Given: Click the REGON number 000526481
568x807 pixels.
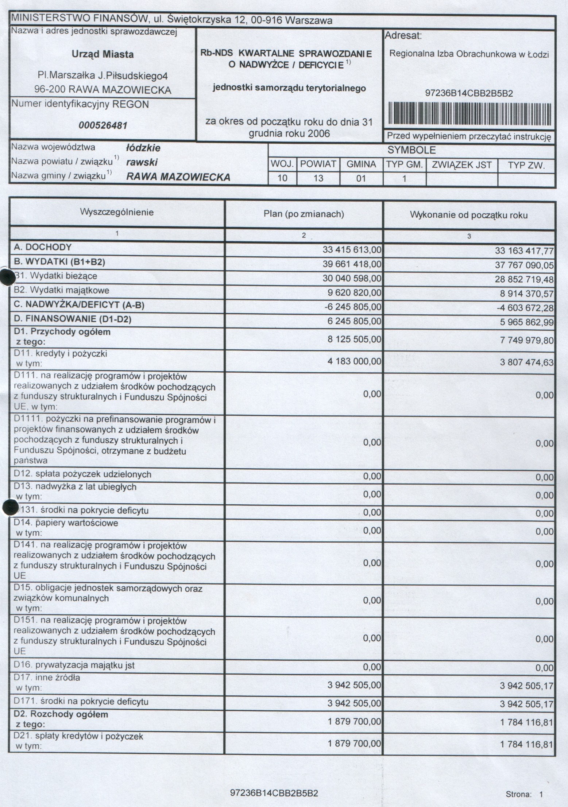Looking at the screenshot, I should point(103,126).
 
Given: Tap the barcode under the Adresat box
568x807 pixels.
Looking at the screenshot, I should point(469,114).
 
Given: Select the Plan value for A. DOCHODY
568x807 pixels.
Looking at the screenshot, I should point(352,250).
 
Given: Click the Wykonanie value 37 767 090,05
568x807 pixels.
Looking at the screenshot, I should point(524,265).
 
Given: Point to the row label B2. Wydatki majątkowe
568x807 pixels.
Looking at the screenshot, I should point(61,291).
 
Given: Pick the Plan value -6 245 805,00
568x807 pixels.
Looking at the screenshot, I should point(352,307).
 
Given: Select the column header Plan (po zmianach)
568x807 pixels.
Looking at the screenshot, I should point(304,214).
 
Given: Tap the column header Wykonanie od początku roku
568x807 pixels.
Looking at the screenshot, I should point(469,215).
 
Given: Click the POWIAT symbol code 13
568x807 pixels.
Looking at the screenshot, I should point(318,179).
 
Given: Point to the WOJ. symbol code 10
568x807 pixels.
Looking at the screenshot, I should point(282,178).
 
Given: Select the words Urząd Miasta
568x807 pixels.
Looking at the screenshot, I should point(103,55).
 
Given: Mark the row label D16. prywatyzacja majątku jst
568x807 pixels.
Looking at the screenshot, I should point(74,665).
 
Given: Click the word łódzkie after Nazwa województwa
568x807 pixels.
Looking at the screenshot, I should point(143,148).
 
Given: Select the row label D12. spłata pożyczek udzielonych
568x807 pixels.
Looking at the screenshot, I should point(82,474).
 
